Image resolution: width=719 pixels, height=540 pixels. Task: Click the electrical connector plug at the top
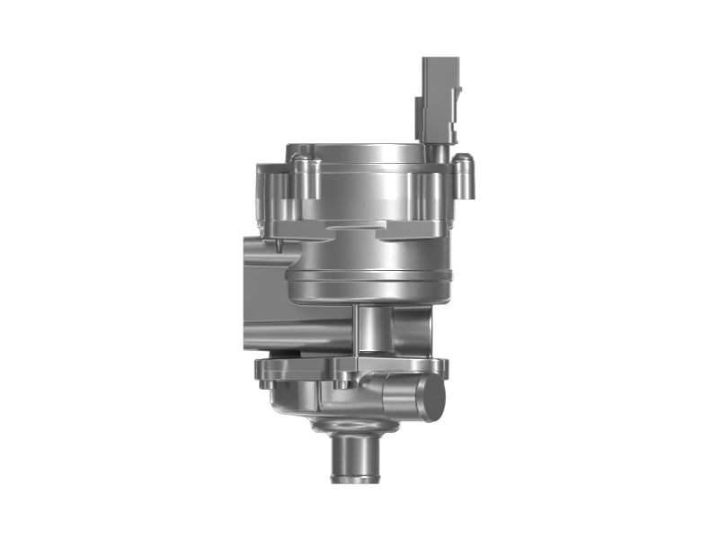[x=440, y=90]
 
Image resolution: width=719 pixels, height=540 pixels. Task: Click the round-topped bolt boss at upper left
[x=306, y=176]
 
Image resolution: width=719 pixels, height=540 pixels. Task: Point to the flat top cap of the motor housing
[x=355, y=149]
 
